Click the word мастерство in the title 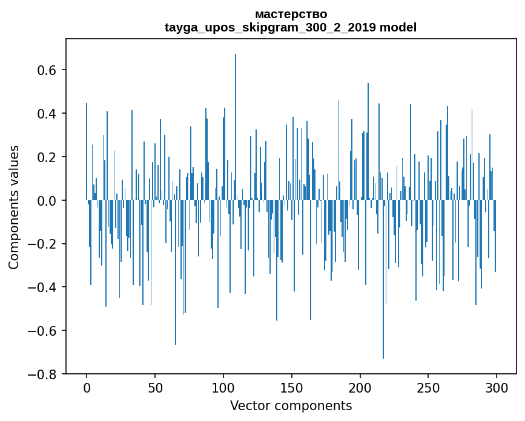click(x=291, y=14)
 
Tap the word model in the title click(x=398, y=27)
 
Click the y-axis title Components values click(x=14, y=207)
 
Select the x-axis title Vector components click(x=291, y=406)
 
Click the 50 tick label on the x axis click(x=155, y=388)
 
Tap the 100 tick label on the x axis click(x=223, y=388)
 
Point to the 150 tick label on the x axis click(x=292, y=388)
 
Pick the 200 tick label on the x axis click(x=360, y=388)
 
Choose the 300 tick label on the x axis click(x=497, y=388)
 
